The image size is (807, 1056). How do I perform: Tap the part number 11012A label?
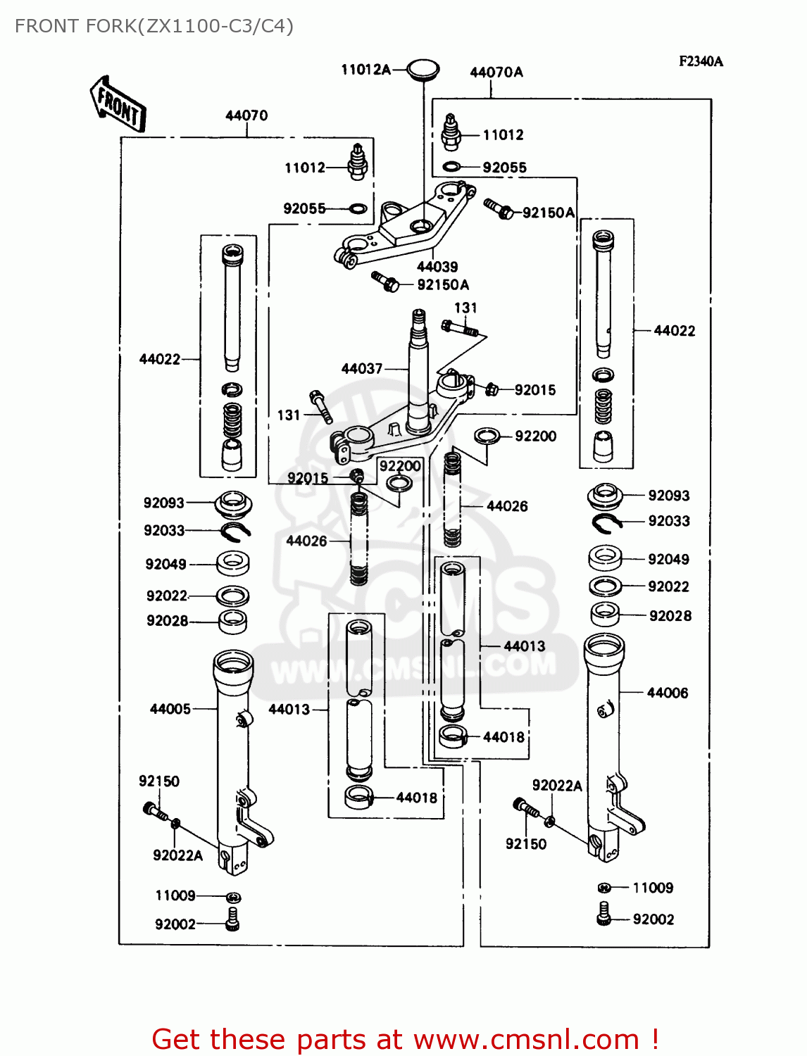click(x=365, y=69)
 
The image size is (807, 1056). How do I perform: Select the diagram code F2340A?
click(x=701, y=61)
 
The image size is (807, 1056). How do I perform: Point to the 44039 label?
click(x=437, y=267)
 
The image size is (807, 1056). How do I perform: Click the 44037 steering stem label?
click(x=362, y=368)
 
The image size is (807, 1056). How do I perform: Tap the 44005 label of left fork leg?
click(x=170, y=709)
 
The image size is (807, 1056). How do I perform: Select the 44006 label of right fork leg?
click(x=667, y=693)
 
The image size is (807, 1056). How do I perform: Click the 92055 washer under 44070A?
click(x=451, y=168)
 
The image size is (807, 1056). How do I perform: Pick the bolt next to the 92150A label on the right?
click(x=499, y=208)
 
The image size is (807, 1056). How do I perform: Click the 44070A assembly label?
click(x=496, y=73)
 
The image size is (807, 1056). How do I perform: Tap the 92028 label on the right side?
click(x=670, y=616)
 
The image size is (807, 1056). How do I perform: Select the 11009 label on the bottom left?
click(x=175, y=895)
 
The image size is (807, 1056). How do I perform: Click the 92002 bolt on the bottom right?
click(x=603, y=914)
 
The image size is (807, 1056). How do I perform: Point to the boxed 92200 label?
click(x=400, y=466)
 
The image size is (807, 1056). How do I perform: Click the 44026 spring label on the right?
click(x=507, y=506)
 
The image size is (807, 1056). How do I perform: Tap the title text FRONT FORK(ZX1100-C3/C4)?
click(x=154, y=26)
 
